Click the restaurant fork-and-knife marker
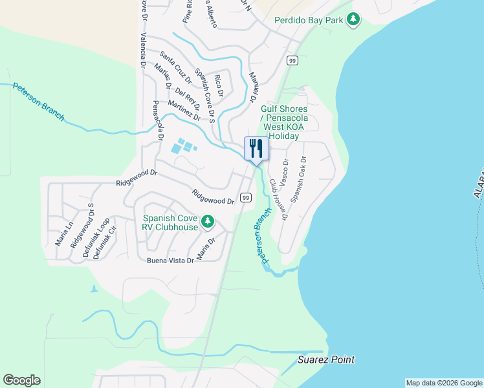(x=256, y=149)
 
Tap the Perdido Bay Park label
(x=308, y=20)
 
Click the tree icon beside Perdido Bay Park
(x=353, y=20)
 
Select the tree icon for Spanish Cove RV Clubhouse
(x=208, y=223)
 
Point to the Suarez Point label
(x=326, y=360)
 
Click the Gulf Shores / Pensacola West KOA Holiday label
(x=284, y=123)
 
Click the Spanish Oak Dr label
(x=298, y=180)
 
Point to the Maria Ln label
(x=65, y=234)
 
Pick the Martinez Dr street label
(x=184, y=110)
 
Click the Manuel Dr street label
(x=254, y=86)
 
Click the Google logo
(x=21, y=380)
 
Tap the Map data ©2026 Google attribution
(x=444, y=383)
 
